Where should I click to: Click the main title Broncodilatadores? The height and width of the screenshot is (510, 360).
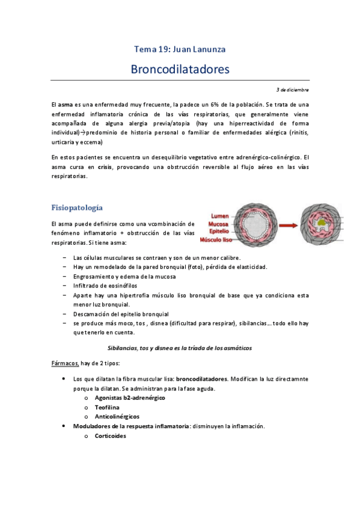(x=180, y=69)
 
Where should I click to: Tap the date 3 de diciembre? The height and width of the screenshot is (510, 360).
(x=293, y=89)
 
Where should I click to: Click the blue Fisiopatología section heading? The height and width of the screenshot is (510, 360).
(x=77, y=207)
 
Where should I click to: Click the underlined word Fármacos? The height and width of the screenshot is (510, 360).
(x=64, y=363)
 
